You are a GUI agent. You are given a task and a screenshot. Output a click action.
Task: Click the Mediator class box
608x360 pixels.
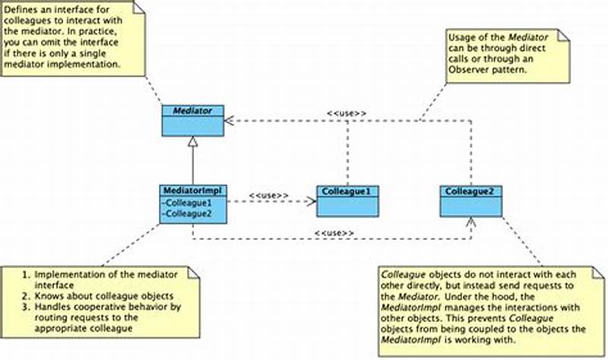click(x=192, y=121)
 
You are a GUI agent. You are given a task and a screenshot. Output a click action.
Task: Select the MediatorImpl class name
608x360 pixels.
click(x=192, y=189)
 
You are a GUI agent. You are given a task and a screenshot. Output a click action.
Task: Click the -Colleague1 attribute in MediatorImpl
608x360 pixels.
click(x=188, y=203)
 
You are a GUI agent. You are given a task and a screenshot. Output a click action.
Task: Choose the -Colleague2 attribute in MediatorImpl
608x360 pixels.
click(x=188, y=213)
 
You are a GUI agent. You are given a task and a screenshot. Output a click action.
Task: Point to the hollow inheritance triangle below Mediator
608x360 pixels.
click(x=192, y=141)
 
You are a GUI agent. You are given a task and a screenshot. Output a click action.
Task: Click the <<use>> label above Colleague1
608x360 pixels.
click(x=347, y=114)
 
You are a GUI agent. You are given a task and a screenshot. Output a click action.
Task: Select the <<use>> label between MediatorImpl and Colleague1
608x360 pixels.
click(x=268, y=195)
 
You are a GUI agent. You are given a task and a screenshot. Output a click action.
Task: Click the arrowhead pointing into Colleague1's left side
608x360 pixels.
click(x=312, y=202)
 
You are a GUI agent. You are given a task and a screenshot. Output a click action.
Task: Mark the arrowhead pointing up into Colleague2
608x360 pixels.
click(x=470, y=221)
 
